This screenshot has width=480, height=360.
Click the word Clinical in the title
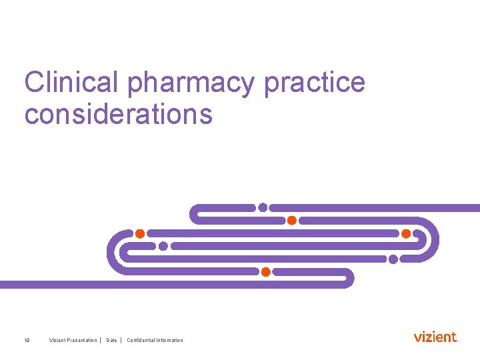coord(71,83)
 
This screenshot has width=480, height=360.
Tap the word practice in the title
coord(315,83)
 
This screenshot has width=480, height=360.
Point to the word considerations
coord(119,114)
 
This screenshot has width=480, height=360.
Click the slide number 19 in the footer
coord(27,341)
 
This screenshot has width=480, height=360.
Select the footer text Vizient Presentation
coord(73,341)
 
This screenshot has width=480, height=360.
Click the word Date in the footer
coord(111,341)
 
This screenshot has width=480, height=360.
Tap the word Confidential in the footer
coord(141,341)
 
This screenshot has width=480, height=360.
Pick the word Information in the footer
coord(170,341)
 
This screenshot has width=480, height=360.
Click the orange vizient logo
coord(436,337)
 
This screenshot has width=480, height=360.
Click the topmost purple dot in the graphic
coord(263,207)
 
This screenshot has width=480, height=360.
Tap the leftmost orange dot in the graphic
coord(140,233)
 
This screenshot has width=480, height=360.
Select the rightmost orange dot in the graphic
coord(406,233)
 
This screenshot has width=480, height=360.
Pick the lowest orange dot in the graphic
coord(265,272)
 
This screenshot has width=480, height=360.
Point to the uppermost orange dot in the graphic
coord(291,220)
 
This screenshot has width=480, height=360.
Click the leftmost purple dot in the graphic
coord(163,246)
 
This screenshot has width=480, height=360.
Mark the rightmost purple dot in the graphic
coord(393,259)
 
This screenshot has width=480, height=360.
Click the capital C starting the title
coord(34,83)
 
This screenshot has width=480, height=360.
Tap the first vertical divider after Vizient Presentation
coord(100,341)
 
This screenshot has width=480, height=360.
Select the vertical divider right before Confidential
coord(121,341)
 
